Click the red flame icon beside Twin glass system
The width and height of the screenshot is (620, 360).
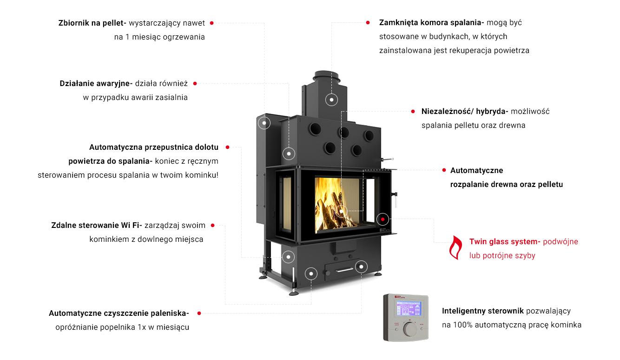click(x=455, y=248)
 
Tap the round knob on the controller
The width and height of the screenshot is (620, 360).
click(x=410, y=329)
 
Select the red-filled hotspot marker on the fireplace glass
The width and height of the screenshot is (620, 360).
click(x=383, y=220)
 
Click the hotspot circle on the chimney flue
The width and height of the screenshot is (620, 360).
click(x=331, y=100)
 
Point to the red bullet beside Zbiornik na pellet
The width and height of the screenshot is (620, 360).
click(x=212, y=23)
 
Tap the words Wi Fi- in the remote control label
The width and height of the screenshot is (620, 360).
click(x=132, y=226)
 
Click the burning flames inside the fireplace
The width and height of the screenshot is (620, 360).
click(x=332, y=205)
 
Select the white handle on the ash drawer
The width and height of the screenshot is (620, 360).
click(x=344, y=270)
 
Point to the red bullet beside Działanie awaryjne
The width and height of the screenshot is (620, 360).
click(x=195, y=83)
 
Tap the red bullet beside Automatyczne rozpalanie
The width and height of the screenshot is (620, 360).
click(x=444, y=170)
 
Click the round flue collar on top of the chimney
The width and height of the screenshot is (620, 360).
click(x=327, y=76)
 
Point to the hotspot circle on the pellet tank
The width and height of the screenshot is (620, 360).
click(x=264, y=123)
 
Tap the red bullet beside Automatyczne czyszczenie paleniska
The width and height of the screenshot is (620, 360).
click(x=199, y=313)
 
